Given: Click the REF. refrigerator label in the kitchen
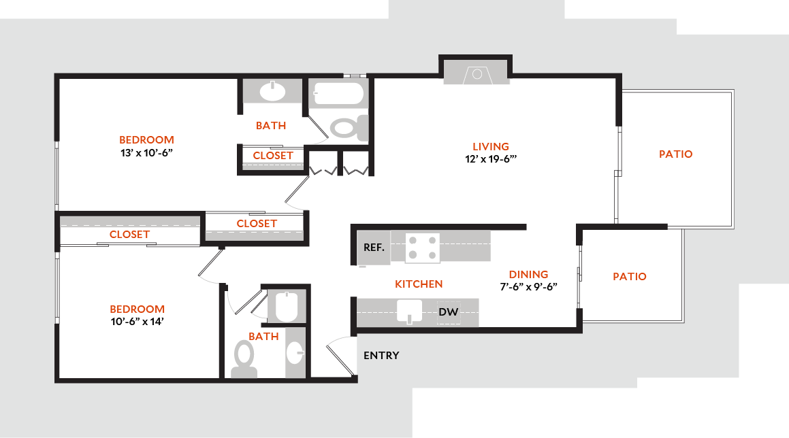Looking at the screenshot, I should (x=374, y=248).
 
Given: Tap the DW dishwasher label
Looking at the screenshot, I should (x=447, y=312).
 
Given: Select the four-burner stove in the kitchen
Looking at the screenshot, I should (x=423, y=248).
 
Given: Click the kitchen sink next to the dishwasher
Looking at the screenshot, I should (x=410, y=312).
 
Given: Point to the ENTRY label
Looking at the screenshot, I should (x=381, y=355).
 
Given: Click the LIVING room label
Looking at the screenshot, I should (x=491, y=146).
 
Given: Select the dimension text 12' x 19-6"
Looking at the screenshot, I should (x=491, y=160).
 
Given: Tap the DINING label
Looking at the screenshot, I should (x=528, y=274).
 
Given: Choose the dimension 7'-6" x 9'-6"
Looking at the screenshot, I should (x=528, y=286).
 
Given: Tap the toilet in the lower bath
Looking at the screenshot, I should (x=244, y=356).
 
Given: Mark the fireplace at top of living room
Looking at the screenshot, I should (x=477, y=73).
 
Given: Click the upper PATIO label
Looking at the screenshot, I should (x=675, y=154).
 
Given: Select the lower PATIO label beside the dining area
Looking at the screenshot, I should (x=630, y=277).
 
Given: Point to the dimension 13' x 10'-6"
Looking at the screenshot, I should (x=146, y=153).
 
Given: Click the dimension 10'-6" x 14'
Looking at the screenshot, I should (x=138, y=322).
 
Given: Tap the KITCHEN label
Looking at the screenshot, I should (x=419, y=284).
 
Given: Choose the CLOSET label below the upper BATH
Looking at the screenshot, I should (x=273, y=156).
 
